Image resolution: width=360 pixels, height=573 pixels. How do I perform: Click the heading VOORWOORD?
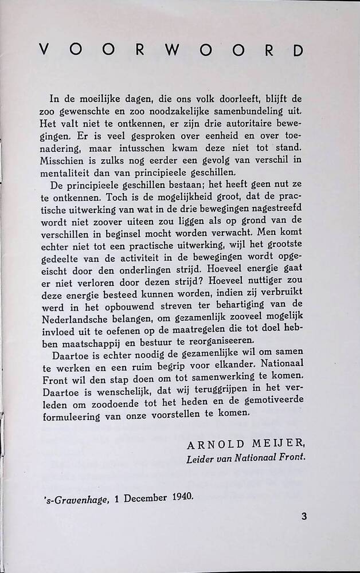tap(170, 50)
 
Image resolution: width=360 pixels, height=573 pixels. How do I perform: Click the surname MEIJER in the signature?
tap(281, 444)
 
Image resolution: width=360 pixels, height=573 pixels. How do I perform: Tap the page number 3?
tap(304, 516)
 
